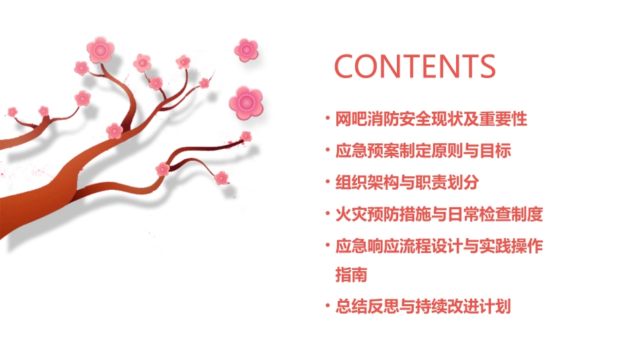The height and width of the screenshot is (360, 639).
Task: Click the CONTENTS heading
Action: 415,67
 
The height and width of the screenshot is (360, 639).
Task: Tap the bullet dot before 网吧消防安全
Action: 328,118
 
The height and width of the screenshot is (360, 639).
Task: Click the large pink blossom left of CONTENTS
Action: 246,102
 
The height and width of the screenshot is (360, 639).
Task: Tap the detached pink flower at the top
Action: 246,49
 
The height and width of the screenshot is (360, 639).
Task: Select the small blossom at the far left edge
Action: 12,112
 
